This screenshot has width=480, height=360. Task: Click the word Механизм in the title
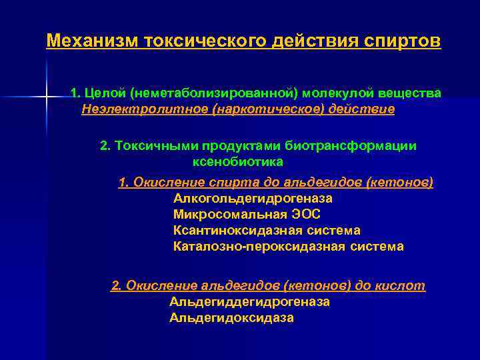(x=90, y=41)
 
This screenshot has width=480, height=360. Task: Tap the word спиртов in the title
(x=403, y=41)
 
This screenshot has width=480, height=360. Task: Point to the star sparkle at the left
(x=46, y=98)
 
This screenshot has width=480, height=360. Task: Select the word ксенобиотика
(x=237, y=161)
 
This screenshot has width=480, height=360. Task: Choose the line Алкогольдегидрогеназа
(x=253, y=198)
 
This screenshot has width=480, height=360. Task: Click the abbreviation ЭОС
(x=306, y=214)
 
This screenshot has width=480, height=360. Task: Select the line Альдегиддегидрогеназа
(x=249, y=302)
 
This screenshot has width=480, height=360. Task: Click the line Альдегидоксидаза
(x=231, y=318)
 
